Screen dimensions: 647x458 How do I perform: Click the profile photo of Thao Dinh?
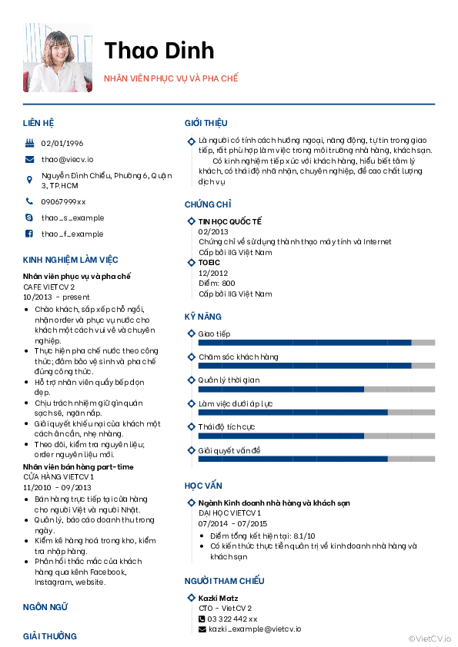coord(58,57)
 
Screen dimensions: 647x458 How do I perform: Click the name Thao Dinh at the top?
coord(159,50)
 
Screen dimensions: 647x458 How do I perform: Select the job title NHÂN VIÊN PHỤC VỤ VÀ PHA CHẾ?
coord(172,78)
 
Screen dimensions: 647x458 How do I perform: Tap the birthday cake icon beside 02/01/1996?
coord(29,143)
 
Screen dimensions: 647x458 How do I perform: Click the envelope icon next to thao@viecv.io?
coord(29,159)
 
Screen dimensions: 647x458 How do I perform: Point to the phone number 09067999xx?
coord(63,201)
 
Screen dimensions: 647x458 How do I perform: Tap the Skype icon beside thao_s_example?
coord(29,217)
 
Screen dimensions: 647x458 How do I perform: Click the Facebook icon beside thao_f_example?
coord(29,234)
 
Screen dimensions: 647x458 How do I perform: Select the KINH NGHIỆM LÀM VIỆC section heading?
coord(70,260)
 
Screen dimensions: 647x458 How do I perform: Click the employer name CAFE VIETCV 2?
coord(48,287)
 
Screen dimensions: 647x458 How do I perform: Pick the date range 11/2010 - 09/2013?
coord(58,487)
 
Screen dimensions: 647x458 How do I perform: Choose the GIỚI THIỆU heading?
coord(206,123)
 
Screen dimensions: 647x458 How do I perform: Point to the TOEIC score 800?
coord(228,284)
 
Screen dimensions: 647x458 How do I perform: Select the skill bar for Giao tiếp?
coord(316,343)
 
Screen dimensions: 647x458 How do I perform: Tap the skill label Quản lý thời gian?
coord(229,380)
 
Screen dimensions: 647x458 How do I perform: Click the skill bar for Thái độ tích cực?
coord(316,436)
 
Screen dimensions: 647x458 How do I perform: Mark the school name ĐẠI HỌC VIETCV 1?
coord(230,513)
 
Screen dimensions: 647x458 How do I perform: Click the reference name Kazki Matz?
coord(218,598)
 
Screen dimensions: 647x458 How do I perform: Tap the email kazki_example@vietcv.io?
coord(255,629)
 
